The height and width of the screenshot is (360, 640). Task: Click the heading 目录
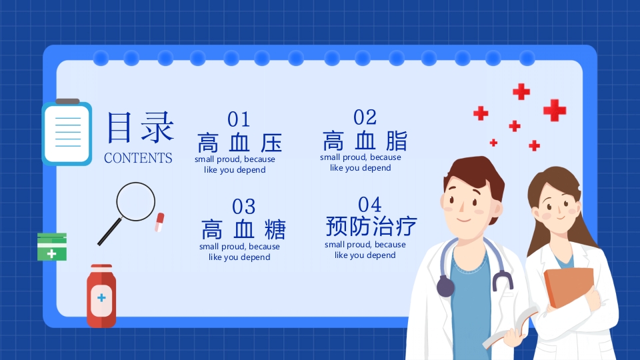tap(141, 127)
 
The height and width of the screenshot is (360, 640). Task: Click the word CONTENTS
tap(138, 158)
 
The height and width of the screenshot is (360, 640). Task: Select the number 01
tap(239, 119)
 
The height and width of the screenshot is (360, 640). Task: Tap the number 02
tap(365, 117)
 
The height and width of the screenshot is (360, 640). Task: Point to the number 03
tap(244, 207)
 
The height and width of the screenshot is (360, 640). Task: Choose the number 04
tap(369, 204)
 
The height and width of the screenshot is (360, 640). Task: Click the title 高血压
tap(240, 143)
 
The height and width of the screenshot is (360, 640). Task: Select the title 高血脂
tap(365, 141)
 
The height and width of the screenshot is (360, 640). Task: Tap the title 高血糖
tap(243, 230)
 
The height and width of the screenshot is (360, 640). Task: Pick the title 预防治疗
tap(371, 227)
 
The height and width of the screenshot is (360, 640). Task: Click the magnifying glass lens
tap(136, 201)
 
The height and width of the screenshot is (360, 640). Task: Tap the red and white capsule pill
tap(159, 222)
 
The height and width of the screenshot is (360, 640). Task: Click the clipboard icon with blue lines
tap(67, 133)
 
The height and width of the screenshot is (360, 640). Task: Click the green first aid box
tap(52, 247)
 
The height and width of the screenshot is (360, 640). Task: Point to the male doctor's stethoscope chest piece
tap(445, 287)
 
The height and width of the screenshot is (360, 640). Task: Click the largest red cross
tap(554, 110)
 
